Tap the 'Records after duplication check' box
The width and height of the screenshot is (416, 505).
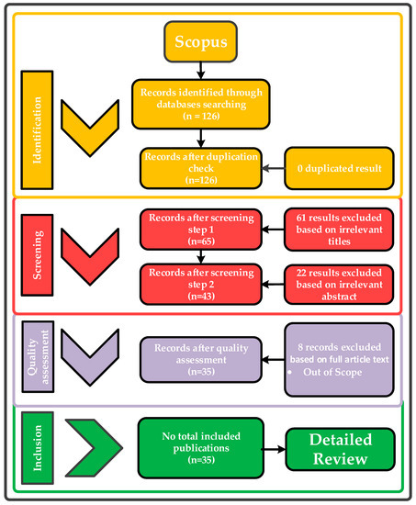click(194, 167)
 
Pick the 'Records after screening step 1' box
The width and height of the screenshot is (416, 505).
click(197, 230)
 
